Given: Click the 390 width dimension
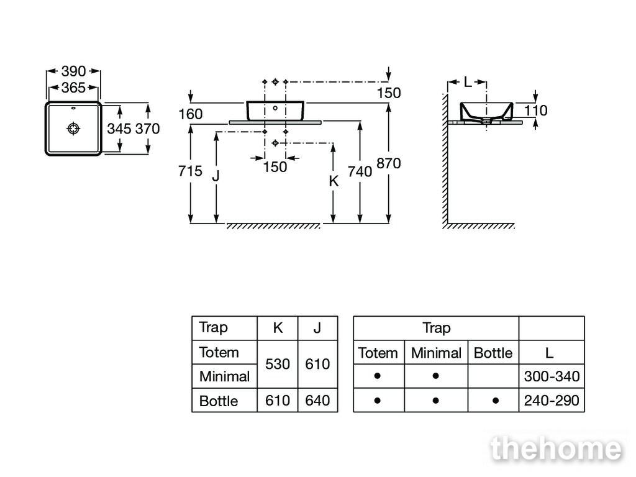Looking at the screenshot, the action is click(x=73, y=71).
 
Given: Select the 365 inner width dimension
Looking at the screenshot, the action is click(x=73, y=88).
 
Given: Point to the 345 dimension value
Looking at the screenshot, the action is click(x=119, y=129).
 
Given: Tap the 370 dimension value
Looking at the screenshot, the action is click(x=148, y=129).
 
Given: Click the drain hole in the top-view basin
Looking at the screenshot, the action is click(x=73, y=129).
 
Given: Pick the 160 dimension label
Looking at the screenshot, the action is click(x=191, y=114).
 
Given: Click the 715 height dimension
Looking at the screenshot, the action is click(x=190, y=171).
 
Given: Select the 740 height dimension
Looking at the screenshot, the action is click(x=360, y=171).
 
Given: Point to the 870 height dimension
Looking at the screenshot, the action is click(x=389, y=163).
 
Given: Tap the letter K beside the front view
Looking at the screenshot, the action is click(x=334, y=181).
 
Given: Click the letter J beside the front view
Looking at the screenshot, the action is click(x=216, y=176).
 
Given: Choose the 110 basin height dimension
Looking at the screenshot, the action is click(x=535, y=111).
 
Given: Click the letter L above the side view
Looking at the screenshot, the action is click(x=468, y=83).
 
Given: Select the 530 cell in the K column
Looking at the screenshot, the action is click(x=278, y=364).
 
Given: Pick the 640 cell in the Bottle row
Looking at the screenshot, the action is click(x=317, y=401).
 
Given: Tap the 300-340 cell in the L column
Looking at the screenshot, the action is click(x=552, y=376).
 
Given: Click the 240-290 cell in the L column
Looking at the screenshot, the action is click(x=552, y=401).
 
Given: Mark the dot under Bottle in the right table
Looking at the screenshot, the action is click(x=495, y=401).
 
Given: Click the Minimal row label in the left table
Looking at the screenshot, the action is click(x=224, y=376).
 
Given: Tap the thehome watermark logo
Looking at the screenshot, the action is click(x=556, y=448).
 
